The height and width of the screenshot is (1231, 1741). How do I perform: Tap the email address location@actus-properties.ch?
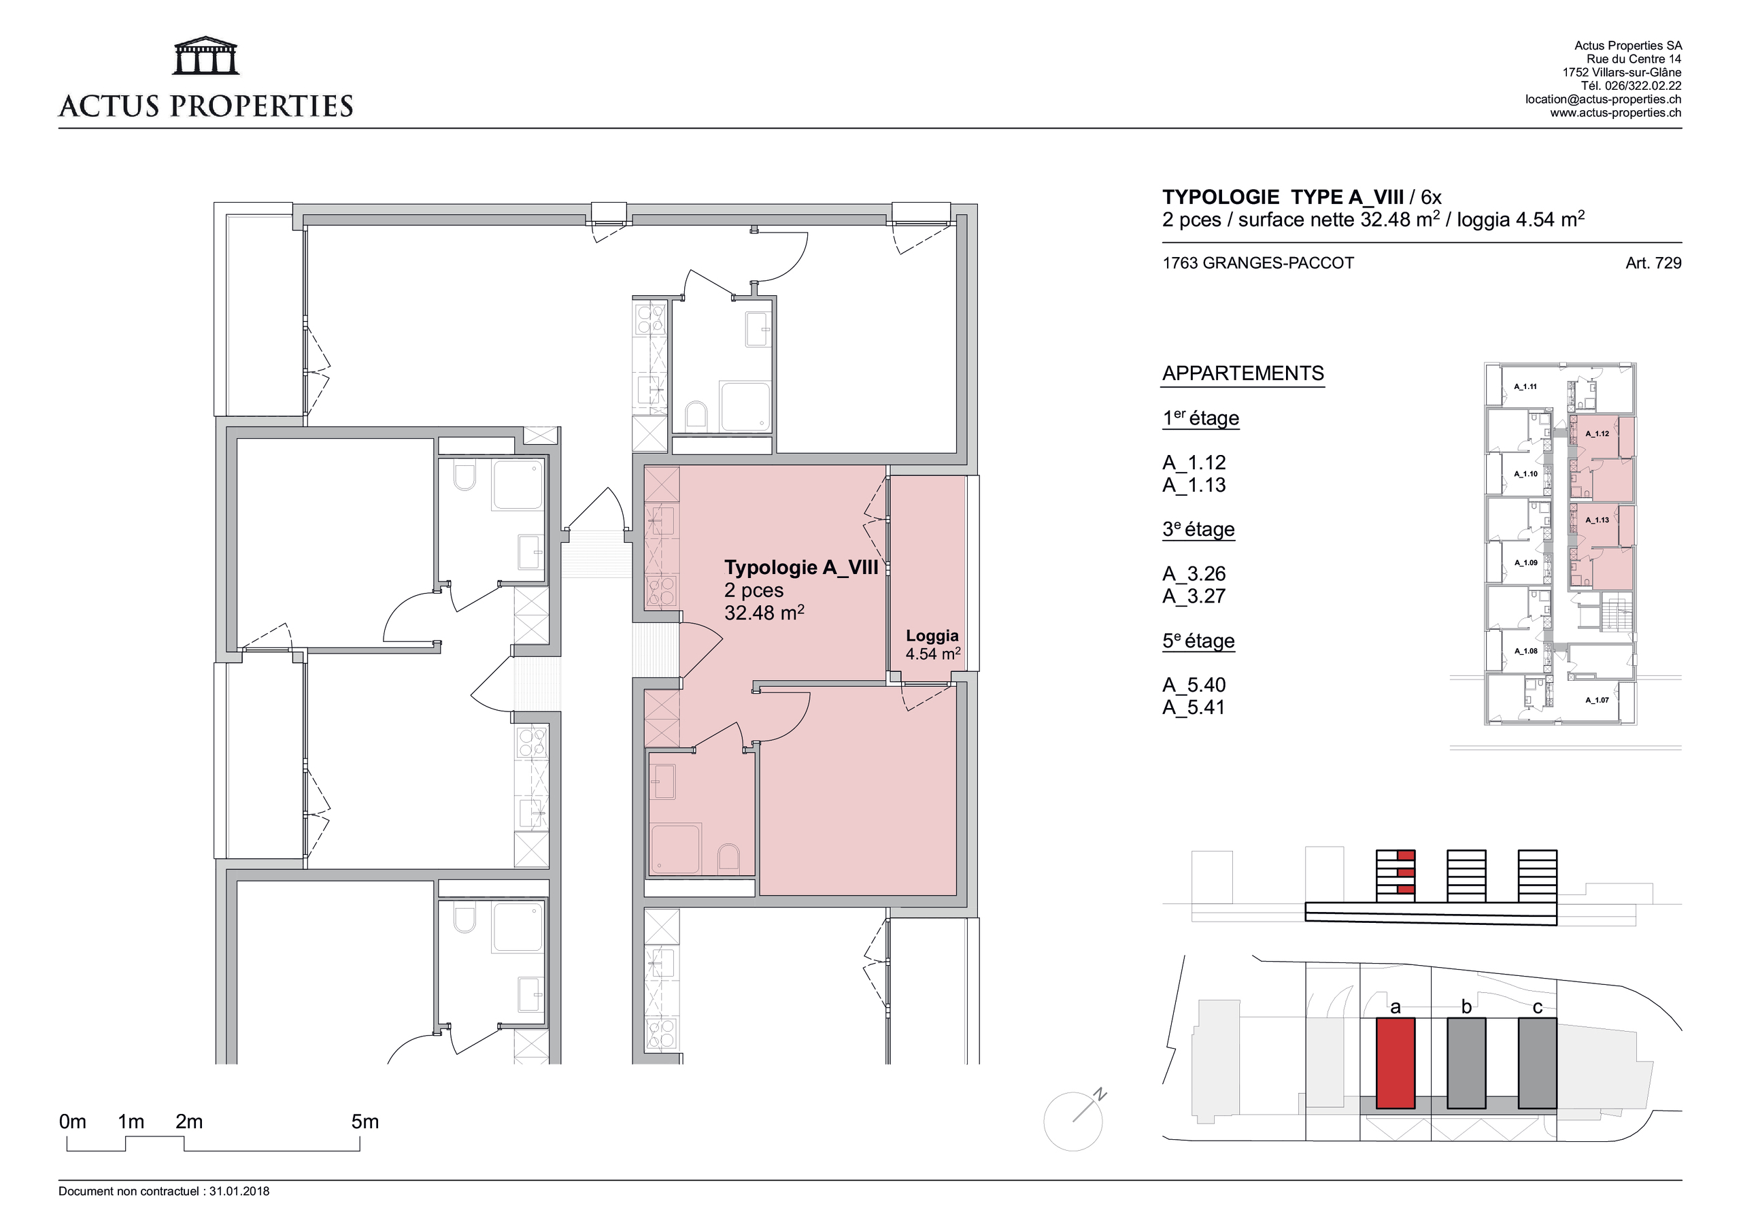pos(1603,99)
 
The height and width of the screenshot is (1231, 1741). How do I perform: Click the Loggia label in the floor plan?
pos(932,636)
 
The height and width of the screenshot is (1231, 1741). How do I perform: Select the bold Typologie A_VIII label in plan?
pos(800,567)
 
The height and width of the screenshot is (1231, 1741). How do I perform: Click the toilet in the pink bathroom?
pos(728,857)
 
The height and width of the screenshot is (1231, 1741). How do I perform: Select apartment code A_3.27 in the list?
pos(1194,596)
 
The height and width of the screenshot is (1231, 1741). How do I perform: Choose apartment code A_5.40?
pos(1194,685)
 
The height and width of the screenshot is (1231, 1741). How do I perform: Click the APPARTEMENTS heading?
pos(1243,373)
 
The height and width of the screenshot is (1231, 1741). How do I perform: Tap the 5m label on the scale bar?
pos(365,1122)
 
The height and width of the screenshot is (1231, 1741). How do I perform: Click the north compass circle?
pos(1072,1121)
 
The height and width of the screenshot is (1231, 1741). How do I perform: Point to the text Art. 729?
pos(1653,263)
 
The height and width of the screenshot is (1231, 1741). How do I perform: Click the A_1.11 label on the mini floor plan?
pos(1525,387)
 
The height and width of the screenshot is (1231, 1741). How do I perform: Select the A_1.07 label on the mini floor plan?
pos(1596,700)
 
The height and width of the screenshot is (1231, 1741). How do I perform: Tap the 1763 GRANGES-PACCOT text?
pos(1258,263)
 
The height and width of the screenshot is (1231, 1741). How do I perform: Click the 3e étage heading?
pos(1198,529)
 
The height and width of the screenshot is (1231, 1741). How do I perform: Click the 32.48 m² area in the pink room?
pos(764,612)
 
